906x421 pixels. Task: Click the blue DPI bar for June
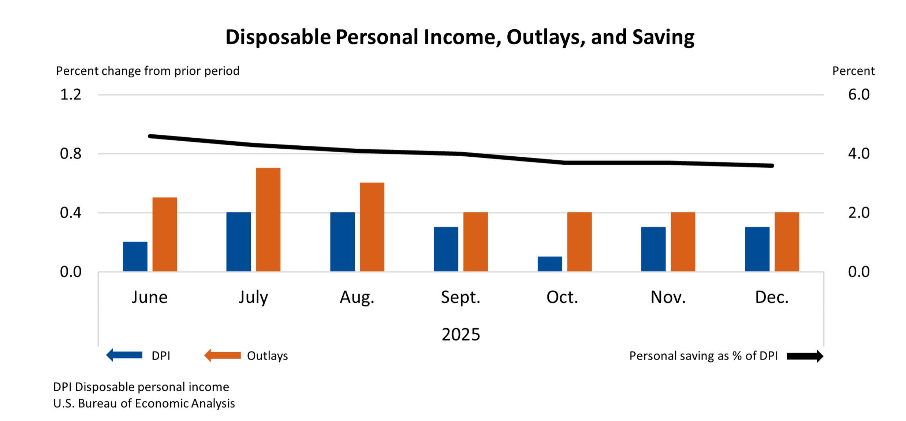(135, 257)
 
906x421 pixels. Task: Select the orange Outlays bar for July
(268, 220)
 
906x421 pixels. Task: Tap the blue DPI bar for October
(550, 264)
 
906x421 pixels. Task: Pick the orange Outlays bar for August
(372, 227)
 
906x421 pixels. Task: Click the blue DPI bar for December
(757, 249)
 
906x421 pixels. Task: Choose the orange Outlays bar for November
(683, 242)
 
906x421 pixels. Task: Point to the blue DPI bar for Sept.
(446, 249)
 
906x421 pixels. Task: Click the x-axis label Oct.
(562, 297)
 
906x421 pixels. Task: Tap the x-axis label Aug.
(357, 297)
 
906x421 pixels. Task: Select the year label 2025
(461, 334)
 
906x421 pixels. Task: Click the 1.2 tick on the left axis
(70, 94)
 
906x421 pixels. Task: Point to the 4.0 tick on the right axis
(858, 153)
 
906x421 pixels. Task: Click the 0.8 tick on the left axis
(70, 153)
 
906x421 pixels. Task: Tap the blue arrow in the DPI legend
(124, 355)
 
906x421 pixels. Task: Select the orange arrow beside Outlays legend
(223, 355)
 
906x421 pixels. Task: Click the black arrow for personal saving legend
(805, 356)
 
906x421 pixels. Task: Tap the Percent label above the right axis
(853, 71)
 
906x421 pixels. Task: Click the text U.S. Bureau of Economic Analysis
(144, 403)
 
